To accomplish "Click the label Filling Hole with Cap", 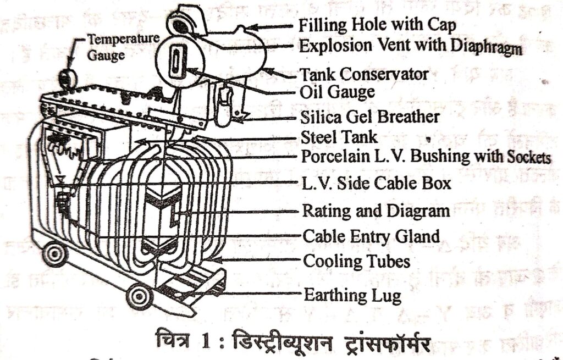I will point(377,25).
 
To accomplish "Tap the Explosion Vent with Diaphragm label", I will point(410,46).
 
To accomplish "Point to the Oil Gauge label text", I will point(338,92).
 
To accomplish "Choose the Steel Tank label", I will point(339,136).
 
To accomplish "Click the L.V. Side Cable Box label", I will point(376,182).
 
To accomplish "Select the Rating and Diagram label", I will point(376,211).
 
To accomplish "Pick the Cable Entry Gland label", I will point(371,237).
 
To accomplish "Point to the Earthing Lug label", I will point(352,296).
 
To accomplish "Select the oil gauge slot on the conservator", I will point(174,64).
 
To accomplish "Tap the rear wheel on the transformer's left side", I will point(56,253).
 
